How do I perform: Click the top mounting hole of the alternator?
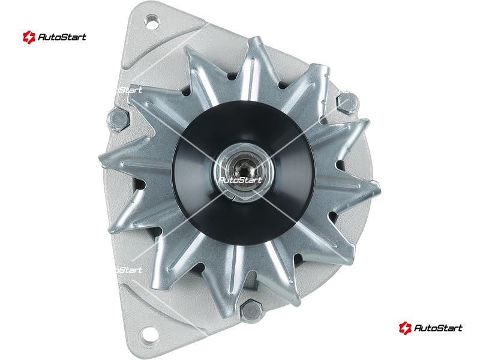click(152, 22)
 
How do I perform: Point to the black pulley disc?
click(242, 173)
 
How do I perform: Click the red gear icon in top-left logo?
click(29, 37)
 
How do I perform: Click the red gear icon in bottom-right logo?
click(405, 328)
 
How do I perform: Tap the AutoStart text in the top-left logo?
click(62, 37)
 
